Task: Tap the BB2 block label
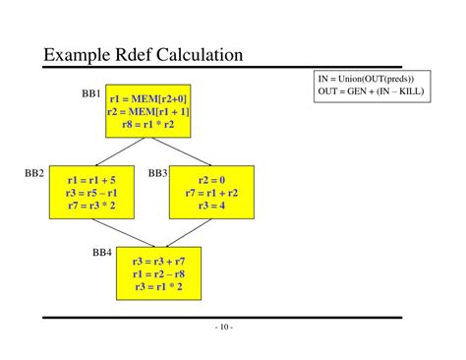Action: point(34,173)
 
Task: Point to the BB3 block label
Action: point(158,173)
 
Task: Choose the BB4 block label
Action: point(102,253)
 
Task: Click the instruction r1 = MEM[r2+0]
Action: point(148,99)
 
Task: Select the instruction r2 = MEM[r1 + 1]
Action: point(148,112)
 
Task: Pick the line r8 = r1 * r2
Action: point(148,125)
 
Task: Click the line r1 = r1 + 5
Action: point(91,181)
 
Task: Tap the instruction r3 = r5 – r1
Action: point(91,194)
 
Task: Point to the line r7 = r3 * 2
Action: point(91,207)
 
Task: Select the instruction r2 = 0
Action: point(211,181)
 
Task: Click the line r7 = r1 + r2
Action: point(211,194)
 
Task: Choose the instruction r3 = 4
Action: point(211,207)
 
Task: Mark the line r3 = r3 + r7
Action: point(157,262)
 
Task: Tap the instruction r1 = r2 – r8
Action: point(157,274)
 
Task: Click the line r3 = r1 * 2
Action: point(157,287)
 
